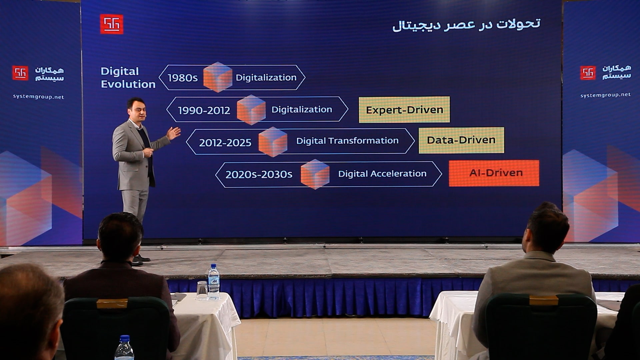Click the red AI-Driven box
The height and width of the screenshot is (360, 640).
tap(494, 173)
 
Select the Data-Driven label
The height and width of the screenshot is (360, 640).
tap(461, 140)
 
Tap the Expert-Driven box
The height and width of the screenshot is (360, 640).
tap(404, 110)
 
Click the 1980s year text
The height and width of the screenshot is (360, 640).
tap(182, 78)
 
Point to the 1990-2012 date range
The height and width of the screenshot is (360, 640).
tap(204, 110)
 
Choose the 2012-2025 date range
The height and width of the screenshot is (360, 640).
tap(225, 143)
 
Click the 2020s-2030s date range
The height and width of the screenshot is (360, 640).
tap(259, 174)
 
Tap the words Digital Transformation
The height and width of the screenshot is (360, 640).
tap(347, 141)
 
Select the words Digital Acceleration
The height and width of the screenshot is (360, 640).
tap(382, 173)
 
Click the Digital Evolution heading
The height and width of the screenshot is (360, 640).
tap(128, 78)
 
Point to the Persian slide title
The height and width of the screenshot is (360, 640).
tap(466, 25)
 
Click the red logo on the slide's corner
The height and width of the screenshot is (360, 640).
tap(112, 24)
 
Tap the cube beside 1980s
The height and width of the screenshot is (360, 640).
tap(218, 77)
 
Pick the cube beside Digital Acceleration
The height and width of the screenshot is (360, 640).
tap(315, 174)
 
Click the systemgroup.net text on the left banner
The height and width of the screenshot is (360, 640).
tap(38, 97)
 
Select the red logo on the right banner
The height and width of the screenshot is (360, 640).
tap(588, 73)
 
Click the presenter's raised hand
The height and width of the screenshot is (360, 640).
tap(174, 133)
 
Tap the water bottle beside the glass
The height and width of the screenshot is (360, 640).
tap(214, 281)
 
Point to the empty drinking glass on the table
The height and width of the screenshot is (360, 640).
tap(202, 290)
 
